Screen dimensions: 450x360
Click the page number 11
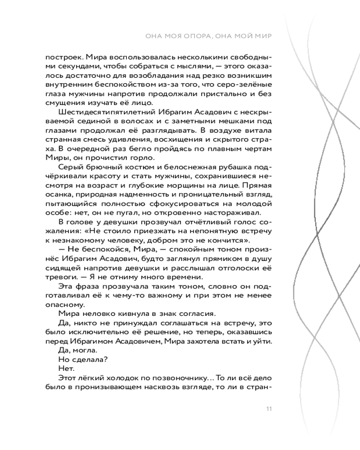click(269, 409)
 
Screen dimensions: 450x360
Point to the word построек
click(61, 58)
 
